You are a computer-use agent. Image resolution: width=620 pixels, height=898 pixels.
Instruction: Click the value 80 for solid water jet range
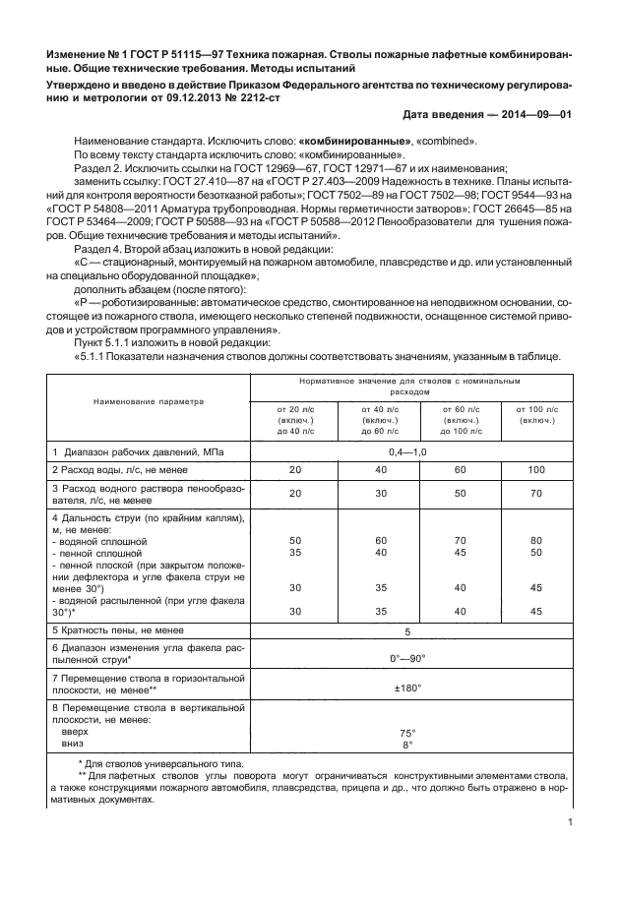pos(536,541)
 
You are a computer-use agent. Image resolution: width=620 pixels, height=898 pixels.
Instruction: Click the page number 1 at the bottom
pos(571,825)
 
